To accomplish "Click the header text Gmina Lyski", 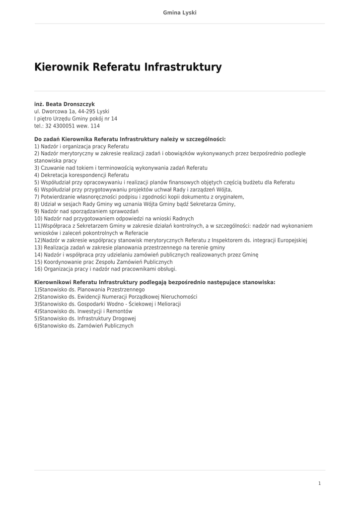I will pyautogui.click(x=180, y=12).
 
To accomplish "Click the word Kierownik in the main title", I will pyautogui.click(x=62, y=67).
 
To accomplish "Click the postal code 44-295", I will pyautogui.click(x=87, y=112).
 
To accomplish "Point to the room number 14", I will pyautogui.click(x=114, y=119).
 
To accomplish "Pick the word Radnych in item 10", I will pyautogui.click(x=183, y=218).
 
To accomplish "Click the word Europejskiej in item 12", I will pyautogui.click(x=290, y=240).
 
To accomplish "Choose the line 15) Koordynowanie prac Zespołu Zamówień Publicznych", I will pyautogui.click(x=103, y=261).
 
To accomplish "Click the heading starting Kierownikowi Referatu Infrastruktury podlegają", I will pyautogui.click(x=154, y=282).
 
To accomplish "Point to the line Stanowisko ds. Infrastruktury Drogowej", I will pyautogui.click(x=85, y=318).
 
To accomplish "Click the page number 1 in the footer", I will pyautogui.click(x=319, y=483).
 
